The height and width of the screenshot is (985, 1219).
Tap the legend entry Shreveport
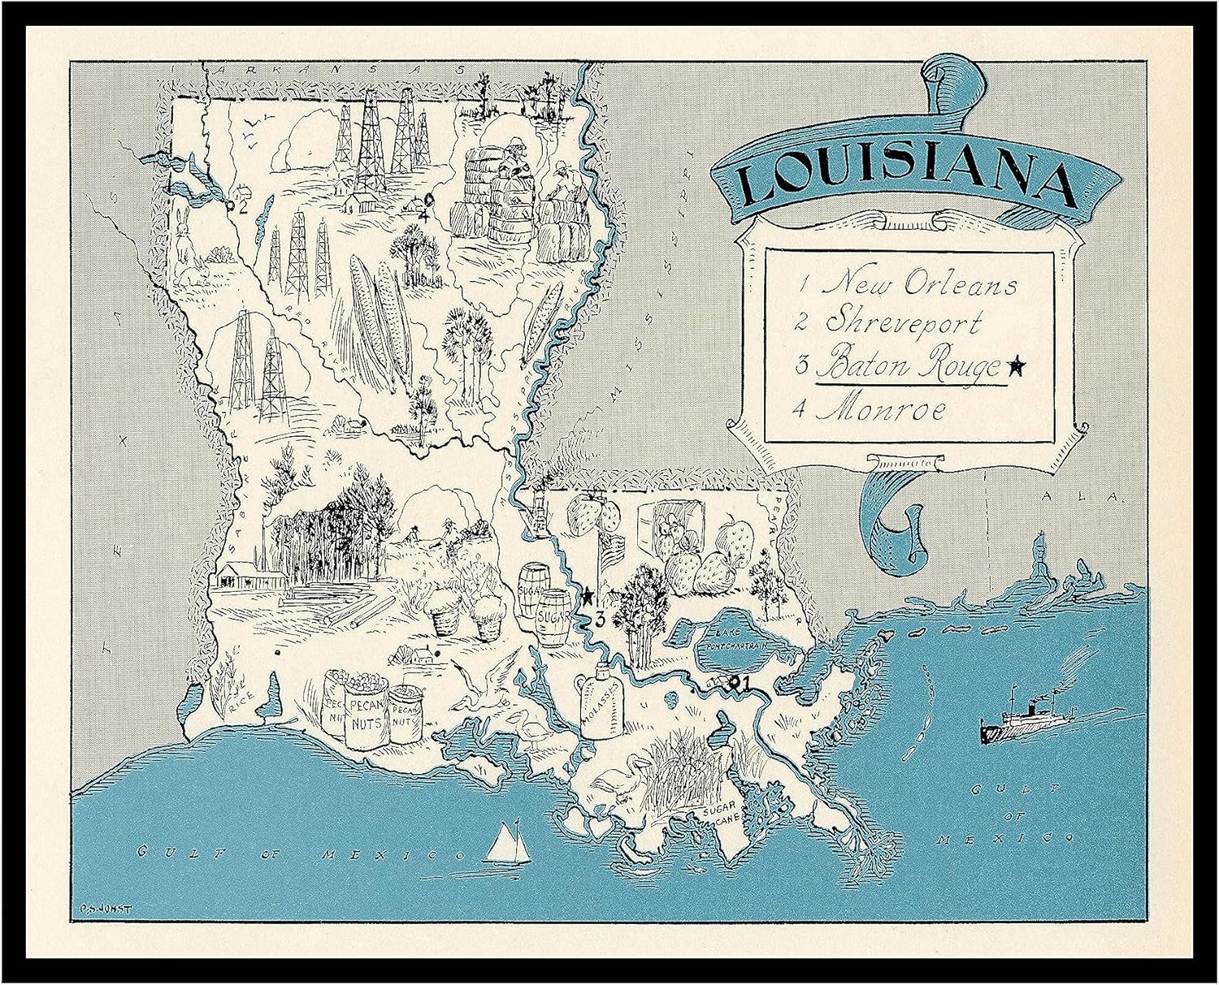click(x=903, y=322)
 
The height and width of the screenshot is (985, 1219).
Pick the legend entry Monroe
click(x=881, y=410)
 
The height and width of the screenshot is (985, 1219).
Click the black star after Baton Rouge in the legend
click(x=1015, y=367)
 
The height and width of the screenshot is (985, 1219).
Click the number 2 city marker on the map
click(x=241, y=205)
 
